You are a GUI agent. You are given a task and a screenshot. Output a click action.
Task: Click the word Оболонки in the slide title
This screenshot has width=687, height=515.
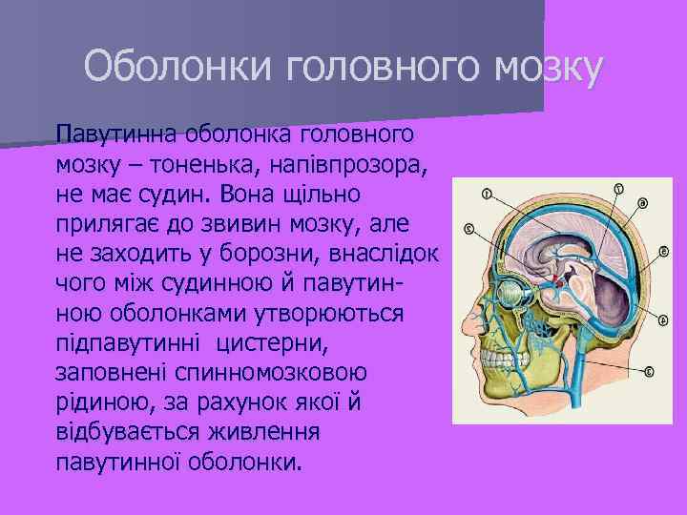pyautogui.click(x=165, y=68)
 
